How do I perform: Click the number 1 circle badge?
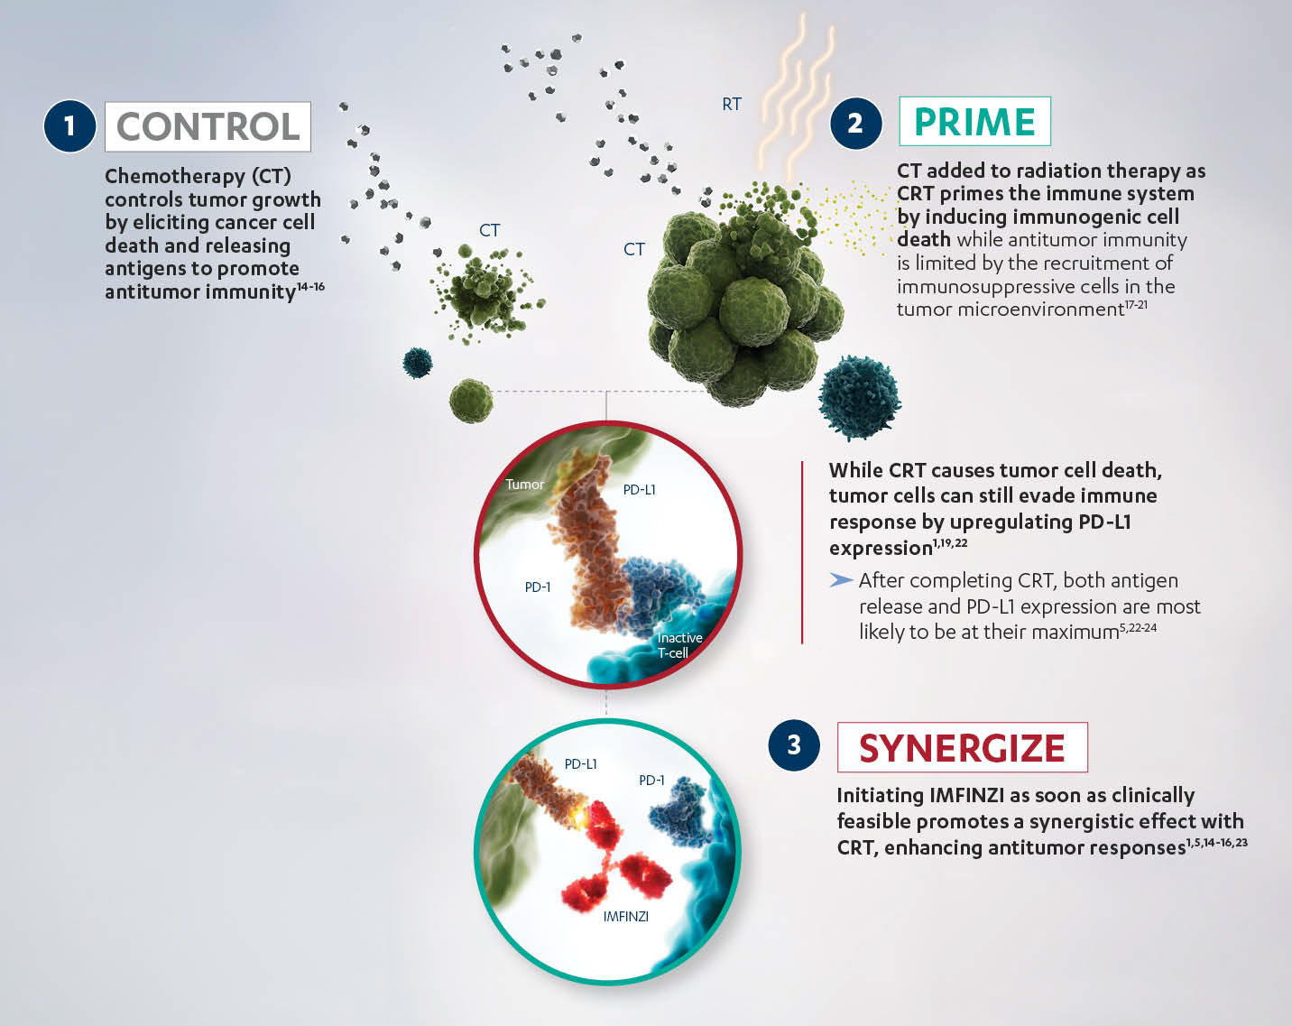pos(69,125)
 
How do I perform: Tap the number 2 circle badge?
pos(855,122)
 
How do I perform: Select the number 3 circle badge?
pos(794,744)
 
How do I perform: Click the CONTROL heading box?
pos(208,126)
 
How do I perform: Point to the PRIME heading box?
pos(974,121)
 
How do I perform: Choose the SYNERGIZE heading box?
pos(962,747)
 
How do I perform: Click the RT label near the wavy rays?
pos(732,105)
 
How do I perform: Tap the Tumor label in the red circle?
pos(524,485)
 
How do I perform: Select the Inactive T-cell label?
pos(678,645)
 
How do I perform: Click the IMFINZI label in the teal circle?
pos(625,916)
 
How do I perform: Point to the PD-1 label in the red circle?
pos(538,587)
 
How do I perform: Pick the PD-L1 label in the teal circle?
pos(580,764)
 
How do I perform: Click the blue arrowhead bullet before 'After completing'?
pos(841,579)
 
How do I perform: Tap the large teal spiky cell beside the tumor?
pos(859,397)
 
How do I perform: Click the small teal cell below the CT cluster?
pos(417,363)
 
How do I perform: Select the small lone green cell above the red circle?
pos(471,400)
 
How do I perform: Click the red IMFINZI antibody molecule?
pos(614,857)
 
